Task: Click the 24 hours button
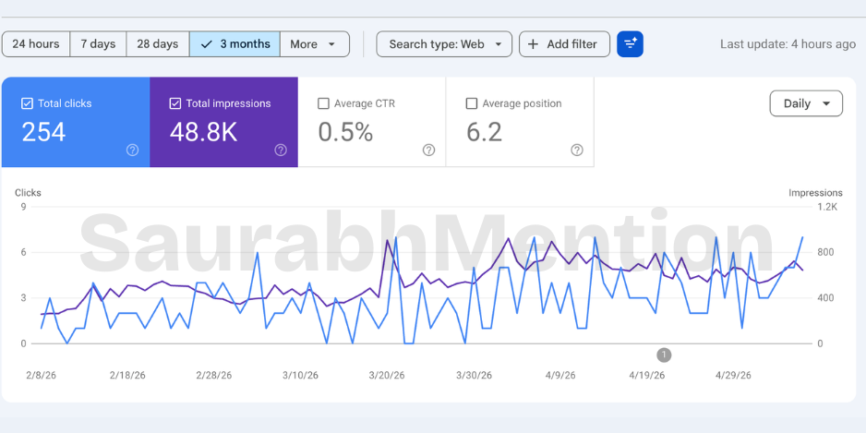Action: pyautogui.click(x=36, y=44)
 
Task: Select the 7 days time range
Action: pyautogui.click(x=98, y=44)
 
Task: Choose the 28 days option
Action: pyautogui.click(x=158, y=44)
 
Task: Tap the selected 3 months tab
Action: pyautogui.click(x=235, y=44)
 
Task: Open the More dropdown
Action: pyautogui.click(x=315, y=44)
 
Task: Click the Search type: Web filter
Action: pyautogui.click(x=444, y=44)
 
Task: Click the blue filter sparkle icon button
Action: pyautogui.click(x=631, y=44)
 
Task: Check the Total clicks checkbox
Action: pyautogui.click(x=27, y=103)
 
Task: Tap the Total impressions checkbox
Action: pyautogui.click(x=175, y=103)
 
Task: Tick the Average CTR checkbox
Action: pyautogui.click(x=324, y=103)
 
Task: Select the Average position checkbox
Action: pyautogui.click(x=472, y=103)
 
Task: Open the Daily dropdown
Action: pyautogui.click(x=806, y=103)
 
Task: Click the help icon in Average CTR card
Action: pyautogui.click(x=428, y=150)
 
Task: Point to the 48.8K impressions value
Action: pyautogui.click(x=203, y=133)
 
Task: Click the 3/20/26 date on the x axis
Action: pyautogui.click(x=387, y=376)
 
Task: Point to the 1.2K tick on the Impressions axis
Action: pyautogui.click(x=827, y=207)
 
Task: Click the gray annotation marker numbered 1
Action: pyautogui.click(x=664, y=355)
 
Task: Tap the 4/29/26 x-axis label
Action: pyautogui.click(x=733, y=376)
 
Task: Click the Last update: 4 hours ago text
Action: pyautogui.click(x=788, y=44)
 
